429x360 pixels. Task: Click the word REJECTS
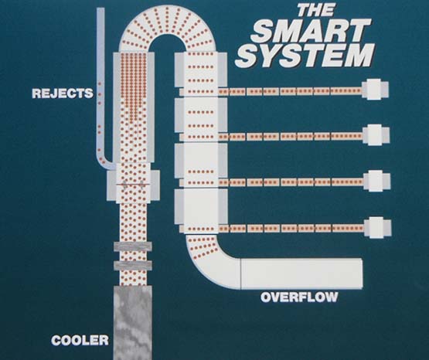(63, 93)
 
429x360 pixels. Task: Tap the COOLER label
(80, 341)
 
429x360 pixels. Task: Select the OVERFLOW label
(299, 297)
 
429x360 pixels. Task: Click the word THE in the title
(315, 10)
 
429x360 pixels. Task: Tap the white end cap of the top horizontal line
(375, 90)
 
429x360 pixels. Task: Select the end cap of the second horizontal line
(376, 134)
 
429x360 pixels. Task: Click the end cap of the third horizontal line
(376, 181)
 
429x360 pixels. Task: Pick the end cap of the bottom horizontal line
(377, 227)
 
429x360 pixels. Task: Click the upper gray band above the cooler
(133, 246)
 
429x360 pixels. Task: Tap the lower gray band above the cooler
(133, 266)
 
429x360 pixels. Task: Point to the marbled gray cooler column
(132, 323)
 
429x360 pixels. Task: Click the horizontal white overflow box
(301, 273)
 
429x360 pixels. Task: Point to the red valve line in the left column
(133, 185)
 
